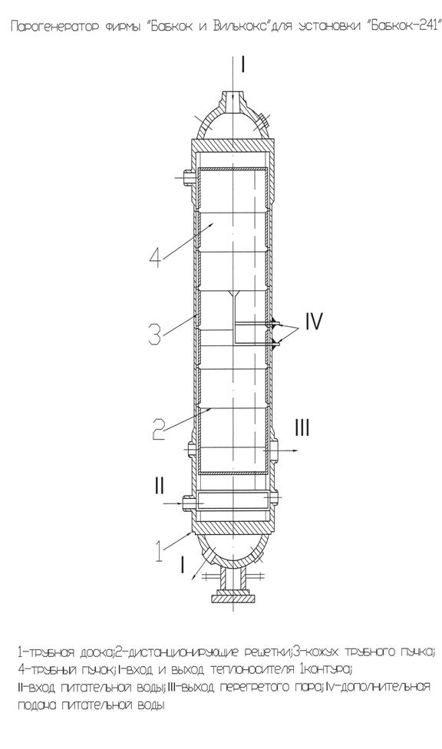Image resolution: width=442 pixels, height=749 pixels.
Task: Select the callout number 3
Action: (x=155, y=333)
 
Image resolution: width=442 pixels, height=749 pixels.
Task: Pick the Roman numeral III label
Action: (x=302, y=428)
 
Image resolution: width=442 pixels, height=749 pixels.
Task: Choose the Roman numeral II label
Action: (x=159, y=487)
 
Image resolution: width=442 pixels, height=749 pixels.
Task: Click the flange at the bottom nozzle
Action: (x=233, y=596)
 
